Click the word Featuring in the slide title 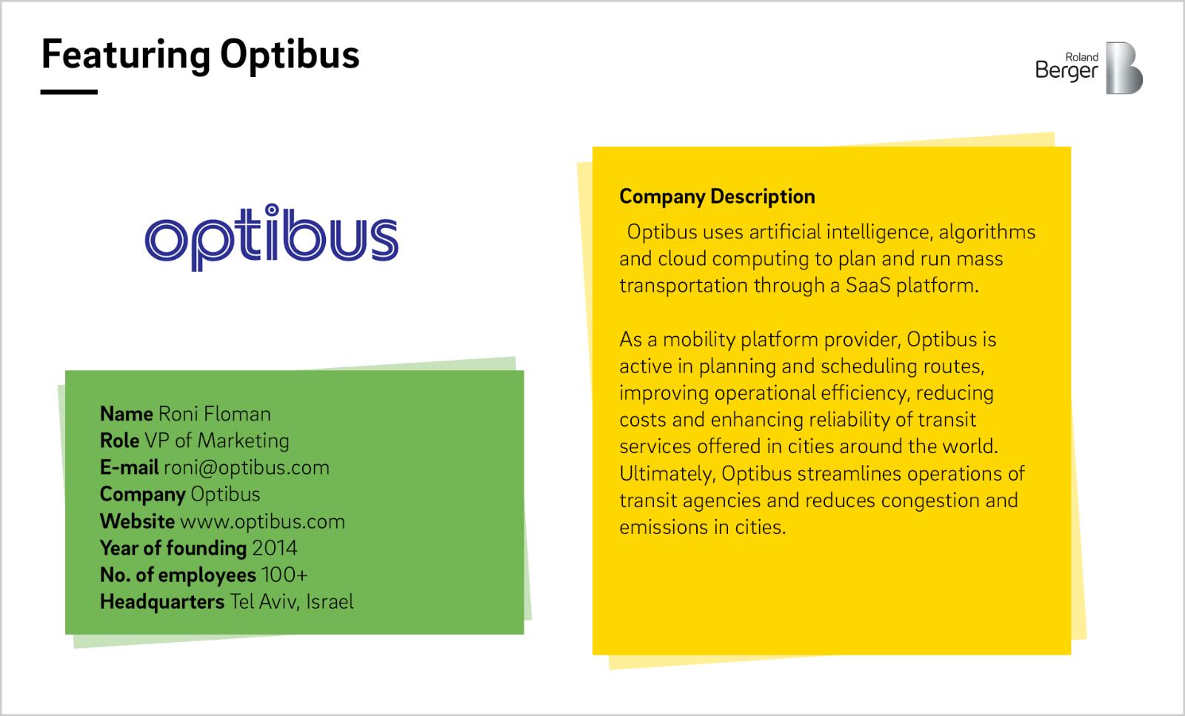(x=126, y=56)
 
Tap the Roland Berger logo (x=1089, y=68)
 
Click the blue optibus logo (x=271, y=237)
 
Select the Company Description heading (x=717, y=197)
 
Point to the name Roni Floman (x=214, y=413)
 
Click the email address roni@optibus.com (x=247, y=467)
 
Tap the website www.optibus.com (x=262, y=522)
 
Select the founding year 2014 (x=275, y=549)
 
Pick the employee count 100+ (x=284, y=575)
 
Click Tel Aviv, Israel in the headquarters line (x=292, y=602)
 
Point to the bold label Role (x=119, y=441)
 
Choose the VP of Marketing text (x=217, y=441)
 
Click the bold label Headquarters (x=162, y=602)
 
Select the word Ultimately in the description (x=667, y=474)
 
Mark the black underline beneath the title (x=69, y=92)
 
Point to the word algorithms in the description (x=987, y=232)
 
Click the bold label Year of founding (x=173, y=549)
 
